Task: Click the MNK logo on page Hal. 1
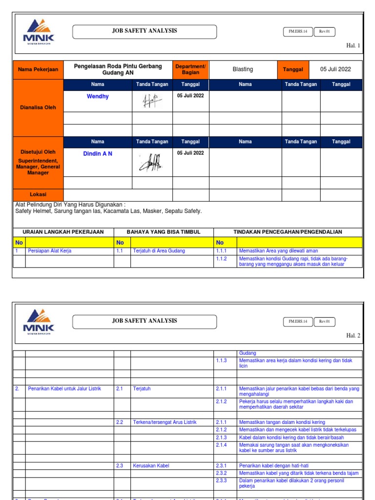tap(39, 31)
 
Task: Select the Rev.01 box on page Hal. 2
tap(324, 322)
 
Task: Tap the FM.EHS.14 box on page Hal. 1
tap(297, 31)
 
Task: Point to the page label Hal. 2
tap(353, 336)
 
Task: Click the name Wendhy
tap(98, 97)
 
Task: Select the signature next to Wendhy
tap(152, 101)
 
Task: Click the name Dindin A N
tap(98, 154)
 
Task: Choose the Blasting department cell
tap(243, 69)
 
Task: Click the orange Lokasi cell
tap(38, 194)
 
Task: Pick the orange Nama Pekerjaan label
tap(38, 69)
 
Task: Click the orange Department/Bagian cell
tap(190, 69)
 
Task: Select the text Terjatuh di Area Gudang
tap(159, 251)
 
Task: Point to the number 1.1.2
tap(222, 259)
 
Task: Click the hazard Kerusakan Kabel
tap(151, 466)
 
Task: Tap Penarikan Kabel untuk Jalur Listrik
tap(64, 389)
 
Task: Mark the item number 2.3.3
tap(222, 480)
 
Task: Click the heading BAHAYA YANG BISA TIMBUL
tap(163, 232)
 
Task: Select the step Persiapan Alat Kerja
tap(50, 251)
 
